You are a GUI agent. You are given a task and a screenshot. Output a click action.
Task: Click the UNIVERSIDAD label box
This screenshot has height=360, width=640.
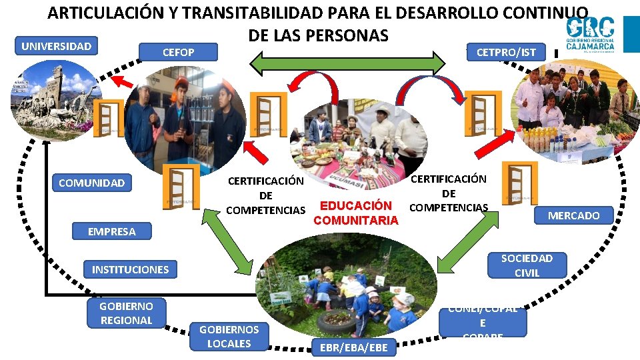click(56, 46)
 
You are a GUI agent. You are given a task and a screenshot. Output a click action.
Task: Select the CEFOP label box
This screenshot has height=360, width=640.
click(179, 52)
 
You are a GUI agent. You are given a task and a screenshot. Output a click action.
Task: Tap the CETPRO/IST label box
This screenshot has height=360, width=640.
click(505, 52)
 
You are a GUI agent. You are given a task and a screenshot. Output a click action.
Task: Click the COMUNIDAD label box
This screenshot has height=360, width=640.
click(91, 183)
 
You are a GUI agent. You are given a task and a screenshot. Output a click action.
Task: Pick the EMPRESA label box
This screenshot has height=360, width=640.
click(112, 231)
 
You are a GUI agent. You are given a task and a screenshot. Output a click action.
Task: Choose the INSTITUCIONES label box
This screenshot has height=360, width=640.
click(130, 269)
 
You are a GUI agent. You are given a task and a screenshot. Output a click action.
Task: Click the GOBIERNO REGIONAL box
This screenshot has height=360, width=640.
click(126, 313)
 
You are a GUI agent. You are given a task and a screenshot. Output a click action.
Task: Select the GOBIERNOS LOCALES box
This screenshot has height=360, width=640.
click(229, 336)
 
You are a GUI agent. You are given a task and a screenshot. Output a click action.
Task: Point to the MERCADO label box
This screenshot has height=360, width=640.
click(573, 215)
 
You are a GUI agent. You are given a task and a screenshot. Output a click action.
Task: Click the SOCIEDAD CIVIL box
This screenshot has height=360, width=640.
click(527, 265)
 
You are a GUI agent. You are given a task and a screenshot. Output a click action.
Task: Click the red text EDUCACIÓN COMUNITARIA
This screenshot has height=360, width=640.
click(356, 213)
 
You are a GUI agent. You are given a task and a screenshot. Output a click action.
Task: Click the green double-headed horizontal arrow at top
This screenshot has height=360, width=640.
click(347, 63)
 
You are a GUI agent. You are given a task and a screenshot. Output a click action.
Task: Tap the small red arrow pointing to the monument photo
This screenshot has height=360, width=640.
click(121, 82)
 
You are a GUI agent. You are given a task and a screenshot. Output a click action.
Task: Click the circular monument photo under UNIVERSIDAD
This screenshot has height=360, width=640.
click(55, 100)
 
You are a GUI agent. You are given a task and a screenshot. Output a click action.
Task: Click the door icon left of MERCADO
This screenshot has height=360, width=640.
click(519, 183)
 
